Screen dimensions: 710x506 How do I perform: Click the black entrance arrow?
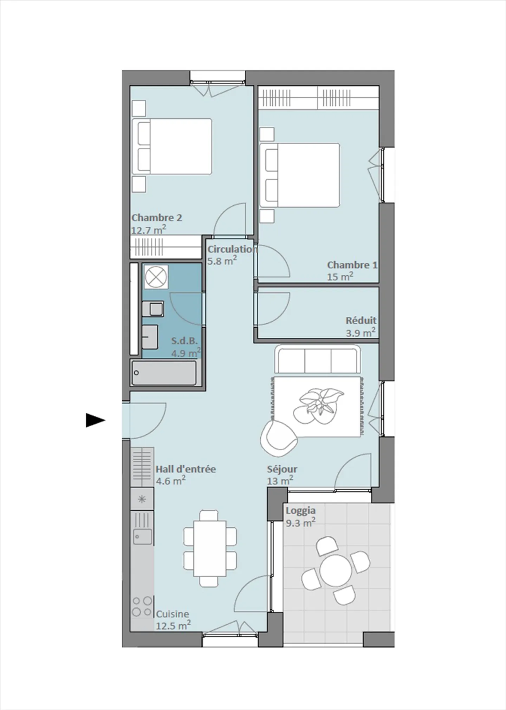95,420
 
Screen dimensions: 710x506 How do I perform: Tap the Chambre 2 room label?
157,218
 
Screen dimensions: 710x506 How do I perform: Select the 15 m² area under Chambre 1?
340,277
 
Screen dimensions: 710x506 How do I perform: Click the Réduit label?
361,321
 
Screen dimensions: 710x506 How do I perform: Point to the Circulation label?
232,249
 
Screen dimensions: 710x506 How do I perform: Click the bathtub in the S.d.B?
164,373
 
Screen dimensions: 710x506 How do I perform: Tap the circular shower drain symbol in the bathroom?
156,277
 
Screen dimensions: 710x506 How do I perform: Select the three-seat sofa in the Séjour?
318,360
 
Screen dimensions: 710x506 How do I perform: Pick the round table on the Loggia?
336,571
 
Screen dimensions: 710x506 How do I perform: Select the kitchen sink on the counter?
142,537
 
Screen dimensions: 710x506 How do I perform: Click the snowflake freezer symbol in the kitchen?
142,499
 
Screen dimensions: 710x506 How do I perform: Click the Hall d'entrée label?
186,469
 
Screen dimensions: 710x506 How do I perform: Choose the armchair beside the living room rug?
278,438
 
